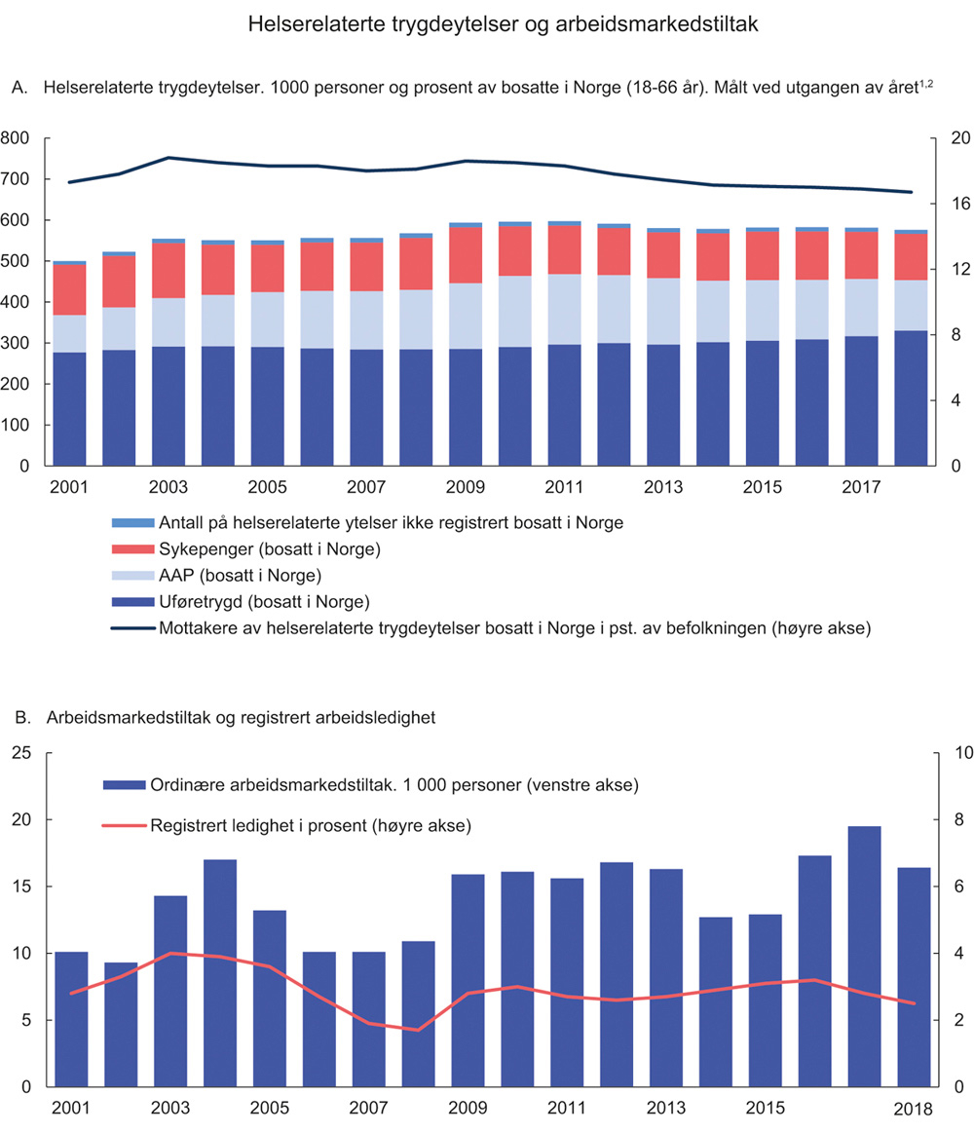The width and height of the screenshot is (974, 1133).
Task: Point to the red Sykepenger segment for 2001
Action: (69, 289)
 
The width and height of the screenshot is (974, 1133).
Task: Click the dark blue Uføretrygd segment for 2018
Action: (912, 398)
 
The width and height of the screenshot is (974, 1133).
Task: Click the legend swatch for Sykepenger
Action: (131, 549)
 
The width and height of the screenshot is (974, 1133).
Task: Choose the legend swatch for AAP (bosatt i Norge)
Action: (131, 576)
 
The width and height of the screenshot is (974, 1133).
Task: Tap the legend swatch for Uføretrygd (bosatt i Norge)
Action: (131, 601)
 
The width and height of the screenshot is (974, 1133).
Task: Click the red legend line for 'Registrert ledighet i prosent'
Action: (124, 826)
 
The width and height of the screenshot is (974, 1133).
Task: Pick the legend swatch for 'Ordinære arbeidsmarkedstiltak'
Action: (124, 784)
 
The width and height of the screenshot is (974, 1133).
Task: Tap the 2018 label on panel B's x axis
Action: (913, 1110)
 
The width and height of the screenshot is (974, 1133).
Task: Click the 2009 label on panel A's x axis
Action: (466, 485)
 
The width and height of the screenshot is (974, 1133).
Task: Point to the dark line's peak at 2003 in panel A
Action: (169, 157)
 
